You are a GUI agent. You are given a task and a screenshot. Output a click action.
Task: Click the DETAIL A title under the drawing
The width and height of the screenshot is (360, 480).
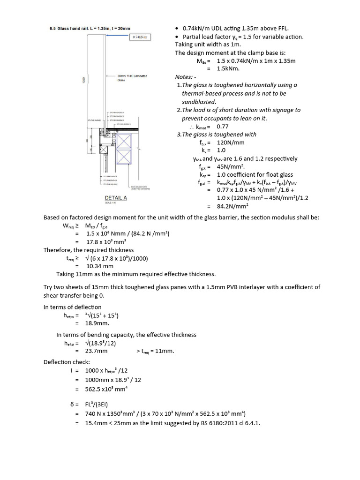click(114, 198)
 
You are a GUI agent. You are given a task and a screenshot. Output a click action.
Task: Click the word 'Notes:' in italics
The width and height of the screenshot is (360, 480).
click(184, 77)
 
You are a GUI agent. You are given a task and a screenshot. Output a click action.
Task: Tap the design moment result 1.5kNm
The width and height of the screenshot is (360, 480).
click(228, 68)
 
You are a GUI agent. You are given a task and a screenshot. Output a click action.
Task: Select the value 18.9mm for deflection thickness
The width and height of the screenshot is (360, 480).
click(97, 323)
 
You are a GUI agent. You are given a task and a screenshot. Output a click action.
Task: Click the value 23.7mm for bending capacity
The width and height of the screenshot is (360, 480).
click(97, 351)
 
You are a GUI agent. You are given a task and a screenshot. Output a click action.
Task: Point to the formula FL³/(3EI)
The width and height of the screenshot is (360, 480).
click(98, 404)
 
